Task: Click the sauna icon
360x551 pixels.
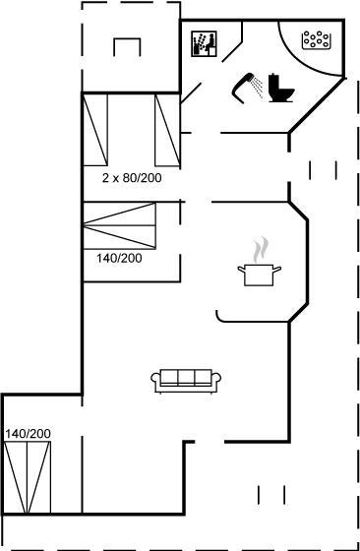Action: [204, 44]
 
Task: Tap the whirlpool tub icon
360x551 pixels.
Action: [317, 40]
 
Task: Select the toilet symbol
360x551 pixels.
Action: [280, 88]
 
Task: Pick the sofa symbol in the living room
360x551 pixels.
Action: [186, 381]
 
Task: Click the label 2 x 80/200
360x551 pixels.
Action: [132, 178]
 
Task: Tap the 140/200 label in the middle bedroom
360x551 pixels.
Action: [119, 258]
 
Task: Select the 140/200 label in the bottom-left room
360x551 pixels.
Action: [28, 434]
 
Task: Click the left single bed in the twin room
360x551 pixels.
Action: [95, 130]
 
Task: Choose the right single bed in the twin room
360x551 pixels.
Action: [167, 130]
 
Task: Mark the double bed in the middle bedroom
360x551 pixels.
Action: [119, 226]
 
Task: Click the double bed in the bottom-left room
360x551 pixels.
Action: [27, 477]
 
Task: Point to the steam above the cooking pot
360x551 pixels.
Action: [261, 250]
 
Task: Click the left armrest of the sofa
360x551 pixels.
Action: [155, 380]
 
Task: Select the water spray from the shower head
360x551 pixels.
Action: [258, 87]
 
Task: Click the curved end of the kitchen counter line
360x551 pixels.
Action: [218, 317]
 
